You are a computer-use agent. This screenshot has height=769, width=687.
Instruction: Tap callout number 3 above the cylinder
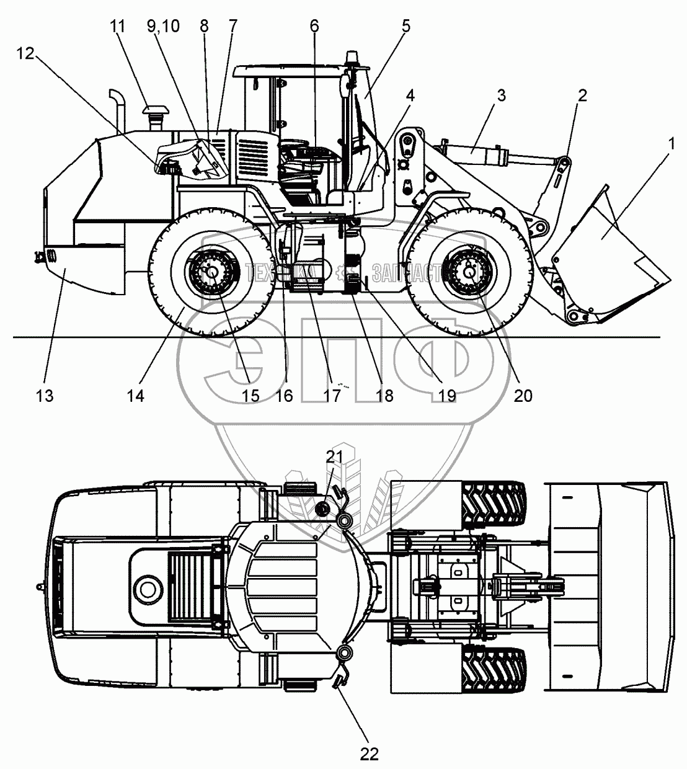(501, 95)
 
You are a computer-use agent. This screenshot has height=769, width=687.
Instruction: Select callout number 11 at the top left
(118, 26)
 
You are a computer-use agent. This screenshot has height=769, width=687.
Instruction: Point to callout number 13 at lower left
(45, 396)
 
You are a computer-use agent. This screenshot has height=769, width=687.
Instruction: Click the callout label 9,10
(164, 26)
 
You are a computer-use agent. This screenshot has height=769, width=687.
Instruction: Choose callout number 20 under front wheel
(523, 396)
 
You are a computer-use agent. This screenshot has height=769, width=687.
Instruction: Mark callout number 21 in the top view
(334, 457)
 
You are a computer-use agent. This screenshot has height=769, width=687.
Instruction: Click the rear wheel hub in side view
(211, 271)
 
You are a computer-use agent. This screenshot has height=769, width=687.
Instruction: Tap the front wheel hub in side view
(470, 270)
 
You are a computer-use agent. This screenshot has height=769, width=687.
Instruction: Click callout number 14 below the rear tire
(135, 396)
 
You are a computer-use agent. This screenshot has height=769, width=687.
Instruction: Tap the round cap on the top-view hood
(148, 587)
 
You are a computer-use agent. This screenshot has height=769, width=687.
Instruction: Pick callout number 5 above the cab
(406, 26)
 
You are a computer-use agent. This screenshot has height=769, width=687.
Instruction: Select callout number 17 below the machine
(332, 396)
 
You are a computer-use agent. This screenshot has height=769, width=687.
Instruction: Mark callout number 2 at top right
(582, 95)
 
